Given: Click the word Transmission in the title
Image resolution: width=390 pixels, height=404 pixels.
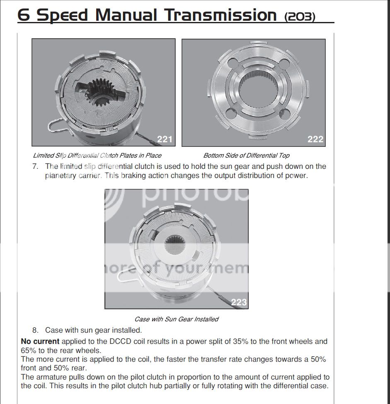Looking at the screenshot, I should click(220, 15).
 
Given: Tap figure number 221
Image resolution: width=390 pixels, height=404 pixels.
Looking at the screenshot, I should click(165, 139).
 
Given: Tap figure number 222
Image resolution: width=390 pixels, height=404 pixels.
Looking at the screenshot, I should click(315, 139).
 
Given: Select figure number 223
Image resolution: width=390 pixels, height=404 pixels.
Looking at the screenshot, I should click(239, 302).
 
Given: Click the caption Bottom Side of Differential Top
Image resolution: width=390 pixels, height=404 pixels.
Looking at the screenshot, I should click(246, 156).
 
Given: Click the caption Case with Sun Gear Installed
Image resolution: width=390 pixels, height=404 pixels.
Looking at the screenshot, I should click(176, 319).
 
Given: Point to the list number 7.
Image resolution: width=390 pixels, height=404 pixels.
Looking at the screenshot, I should click(35, 166).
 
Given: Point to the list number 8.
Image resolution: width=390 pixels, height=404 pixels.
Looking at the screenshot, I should click(35, 331).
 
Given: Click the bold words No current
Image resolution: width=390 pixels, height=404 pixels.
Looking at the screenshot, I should click(40, 342).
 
